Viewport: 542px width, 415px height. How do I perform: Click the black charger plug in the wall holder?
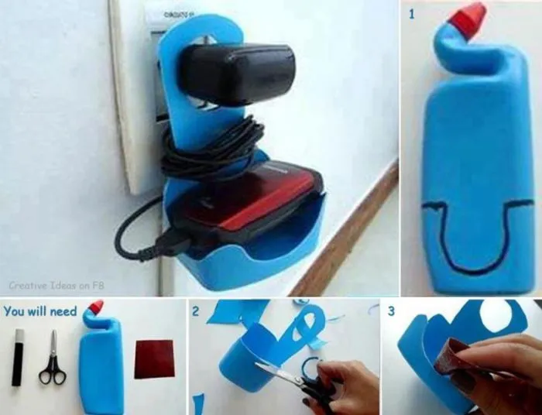point(238,74)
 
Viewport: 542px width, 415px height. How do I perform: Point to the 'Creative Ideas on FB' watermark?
point(57,286)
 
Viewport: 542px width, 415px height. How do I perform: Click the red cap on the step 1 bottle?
point(468,20)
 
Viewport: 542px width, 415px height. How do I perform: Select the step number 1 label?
point(411,14)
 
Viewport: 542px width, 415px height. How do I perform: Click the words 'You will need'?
point(40,311)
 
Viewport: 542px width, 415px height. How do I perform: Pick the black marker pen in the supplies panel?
point(18,357)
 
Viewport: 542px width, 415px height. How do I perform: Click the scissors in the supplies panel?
point(53,359)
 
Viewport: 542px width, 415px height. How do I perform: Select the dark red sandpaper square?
point(154,359)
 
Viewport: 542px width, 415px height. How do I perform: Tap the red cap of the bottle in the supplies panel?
point(96,306)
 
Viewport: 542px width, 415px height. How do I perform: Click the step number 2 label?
point(196,311)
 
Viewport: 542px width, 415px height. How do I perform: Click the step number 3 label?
point(391,311)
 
